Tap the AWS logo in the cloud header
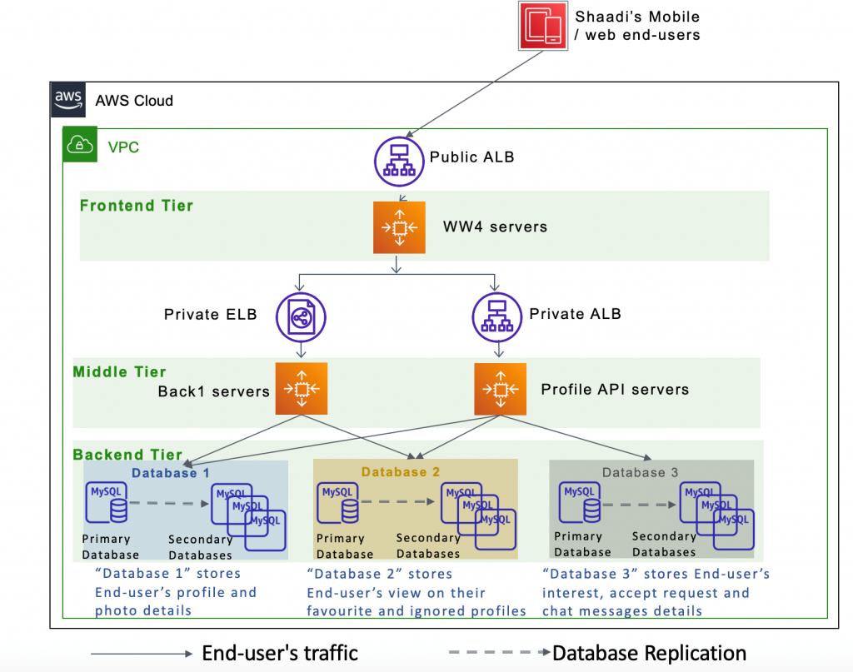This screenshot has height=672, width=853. [x=68, y=100]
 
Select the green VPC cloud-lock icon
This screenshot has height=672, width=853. [x=80, y=147]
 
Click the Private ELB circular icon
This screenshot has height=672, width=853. [x=301, y=316]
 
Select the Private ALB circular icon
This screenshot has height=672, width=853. [x=498, y=316]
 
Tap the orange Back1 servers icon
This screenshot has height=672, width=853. [x=301, y=389]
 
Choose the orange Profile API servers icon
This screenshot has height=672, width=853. [x=500, y=389]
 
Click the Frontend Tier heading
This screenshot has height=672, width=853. [x=137, y=206]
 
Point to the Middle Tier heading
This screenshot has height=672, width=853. [x=120, y=372]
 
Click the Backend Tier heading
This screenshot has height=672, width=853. [x=127, y=455]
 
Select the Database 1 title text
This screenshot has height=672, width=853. [x=171, y=472]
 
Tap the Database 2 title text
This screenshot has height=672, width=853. [x=401, y=472]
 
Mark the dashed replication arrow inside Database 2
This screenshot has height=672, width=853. [x=395, y=502]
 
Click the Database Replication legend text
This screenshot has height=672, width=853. [x=650, y=654]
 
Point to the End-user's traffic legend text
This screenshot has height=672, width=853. [x=280, y=654]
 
